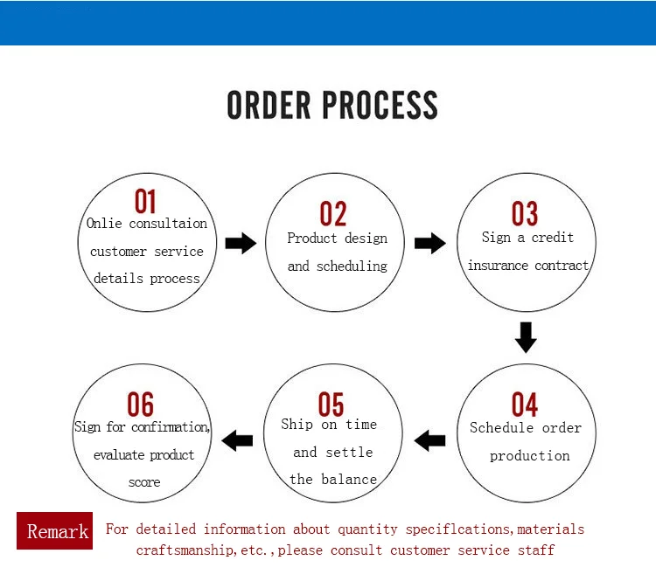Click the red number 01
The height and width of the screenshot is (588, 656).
pos(145,201)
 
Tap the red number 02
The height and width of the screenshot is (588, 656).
pos(333,213)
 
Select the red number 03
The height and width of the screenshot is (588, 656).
pos(525,213)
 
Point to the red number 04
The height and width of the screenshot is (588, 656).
pos(525,405)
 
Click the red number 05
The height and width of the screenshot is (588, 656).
pos(331,405)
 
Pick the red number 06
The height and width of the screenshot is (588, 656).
pos(141,405)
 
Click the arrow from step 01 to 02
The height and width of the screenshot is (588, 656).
pos(241,243)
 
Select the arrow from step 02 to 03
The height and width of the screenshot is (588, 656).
pos(430,243)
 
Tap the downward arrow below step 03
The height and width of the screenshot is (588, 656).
pos(526,337)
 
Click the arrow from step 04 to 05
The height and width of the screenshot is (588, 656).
pos(429,440)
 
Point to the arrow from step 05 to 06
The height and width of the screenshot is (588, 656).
pos(237,440)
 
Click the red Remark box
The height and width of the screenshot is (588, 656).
pos(55,530)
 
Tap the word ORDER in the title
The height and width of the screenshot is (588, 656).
pos(269,105)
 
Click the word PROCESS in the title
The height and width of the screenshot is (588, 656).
pos(380,105)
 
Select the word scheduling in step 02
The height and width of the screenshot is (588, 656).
pos(352,266)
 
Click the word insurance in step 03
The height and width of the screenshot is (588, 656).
pos(498,266)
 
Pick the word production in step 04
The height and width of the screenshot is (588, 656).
pos(530,456)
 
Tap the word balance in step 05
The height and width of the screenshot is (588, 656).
pos(349,479)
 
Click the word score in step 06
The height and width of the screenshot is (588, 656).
pos(144,482)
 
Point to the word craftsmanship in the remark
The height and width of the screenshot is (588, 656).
pos(184,550)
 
